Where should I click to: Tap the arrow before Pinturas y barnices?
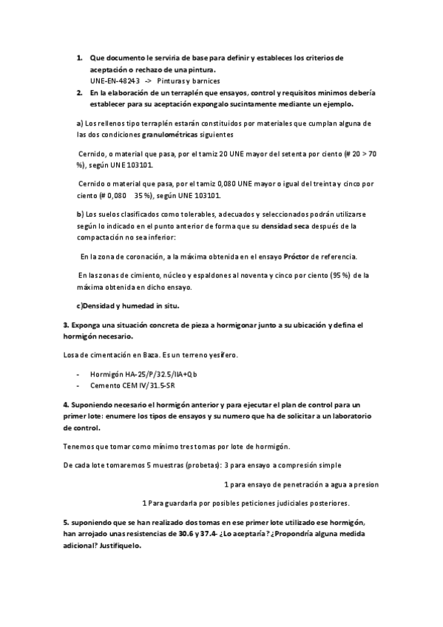(149, 81)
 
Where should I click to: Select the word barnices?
(205, 81)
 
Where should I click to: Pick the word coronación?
(141, 257)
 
